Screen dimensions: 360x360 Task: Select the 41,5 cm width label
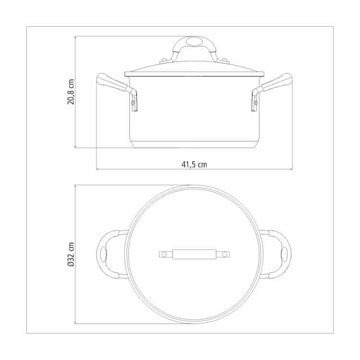click(194, 164)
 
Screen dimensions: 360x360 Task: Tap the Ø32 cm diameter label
click(71, 254)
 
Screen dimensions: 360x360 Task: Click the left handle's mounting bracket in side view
click(134, 100)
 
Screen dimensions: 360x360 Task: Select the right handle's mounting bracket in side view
click(254, 100)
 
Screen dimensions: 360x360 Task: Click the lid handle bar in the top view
click(194, 254)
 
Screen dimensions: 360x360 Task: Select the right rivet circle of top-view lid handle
click(225, 254)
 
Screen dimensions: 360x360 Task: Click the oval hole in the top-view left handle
click(104, 254)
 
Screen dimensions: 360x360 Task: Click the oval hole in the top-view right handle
click(284, 254)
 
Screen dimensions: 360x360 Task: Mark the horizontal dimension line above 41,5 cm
click(144, 169)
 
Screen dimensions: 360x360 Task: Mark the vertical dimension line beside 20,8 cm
click(76, 120)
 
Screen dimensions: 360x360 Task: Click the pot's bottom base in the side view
click(194, 144)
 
